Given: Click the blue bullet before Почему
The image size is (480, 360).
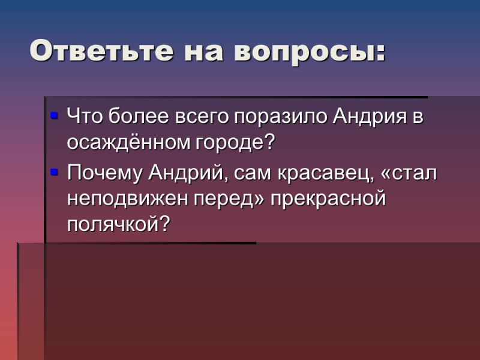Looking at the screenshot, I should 54,172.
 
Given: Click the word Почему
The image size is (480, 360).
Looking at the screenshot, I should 103,175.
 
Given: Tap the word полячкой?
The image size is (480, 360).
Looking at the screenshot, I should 119,224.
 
